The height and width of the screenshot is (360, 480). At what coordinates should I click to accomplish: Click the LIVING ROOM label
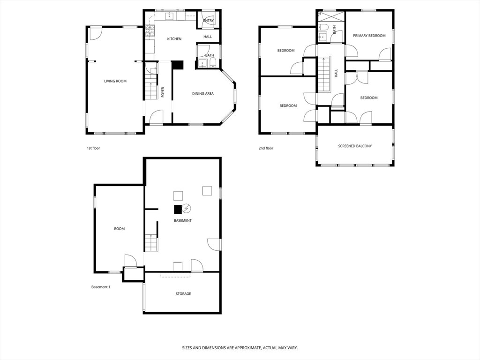(x=115, y=81)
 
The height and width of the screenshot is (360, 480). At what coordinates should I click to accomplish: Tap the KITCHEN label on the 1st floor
(x=174, y=39)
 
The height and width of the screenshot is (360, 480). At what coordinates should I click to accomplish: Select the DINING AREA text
(x=203, y=94)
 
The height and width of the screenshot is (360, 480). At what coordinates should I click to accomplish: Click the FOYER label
(x=163, y=91)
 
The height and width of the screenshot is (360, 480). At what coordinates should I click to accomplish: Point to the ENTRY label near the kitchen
(x=209, y=21)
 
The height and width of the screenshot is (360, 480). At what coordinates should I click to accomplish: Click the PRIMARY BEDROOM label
(x=369, y=36)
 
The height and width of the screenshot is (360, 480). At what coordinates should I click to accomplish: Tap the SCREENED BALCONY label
(x=355, y=146)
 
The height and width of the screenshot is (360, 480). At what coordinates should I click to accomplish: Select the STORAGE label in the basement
(x=183, y=294)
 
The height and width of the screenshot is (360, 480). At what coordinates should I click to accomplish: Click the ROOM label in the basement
(x=120, y=229)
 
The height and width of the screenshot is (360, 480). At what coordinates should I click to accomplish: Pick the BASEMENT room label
(x=182, y=220)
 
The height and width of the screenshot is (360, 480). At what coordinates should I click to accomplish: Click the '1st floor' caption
(x=93, y=148)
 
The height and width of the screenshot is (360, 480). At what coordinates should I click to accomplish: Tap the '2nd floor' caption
(x=266, y=148)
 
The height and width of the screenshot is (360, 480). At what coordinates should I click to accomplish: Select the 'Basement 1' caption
(x=100, y=287)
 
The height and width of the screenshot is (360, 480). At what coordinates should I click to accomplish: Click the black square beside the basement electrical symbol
(x=178, y=209)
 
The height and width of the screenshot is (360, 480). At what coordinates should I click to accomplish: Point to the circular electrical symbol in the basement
(x=187, y=208)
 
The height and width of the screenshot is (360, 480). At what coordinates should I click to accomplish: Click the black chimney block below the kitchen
(x=178, y=65)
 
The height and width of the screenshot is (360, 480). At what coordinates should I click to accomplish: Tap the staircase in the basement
(x=150, y=243)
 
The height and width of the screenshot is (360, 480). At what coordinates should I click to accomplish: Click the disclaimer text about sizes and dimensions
(x=240, y=348)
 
